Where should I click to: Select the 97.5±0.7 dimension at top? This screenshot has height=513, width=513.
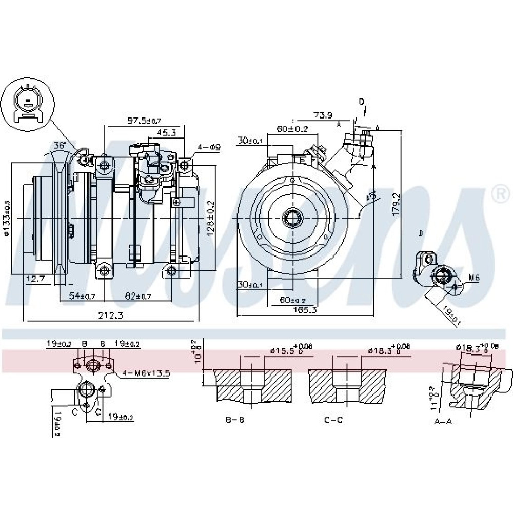(130, 121)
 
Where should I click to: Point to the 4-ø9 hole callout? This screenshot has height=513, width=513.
(210, 147)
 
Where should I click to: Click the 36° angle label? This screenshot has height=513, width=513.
(61, 146)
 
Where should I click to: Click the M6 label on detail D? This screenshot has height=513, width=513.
(475, 279)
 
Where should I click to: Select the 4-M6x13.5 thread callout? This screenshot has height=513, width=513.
(146, 373)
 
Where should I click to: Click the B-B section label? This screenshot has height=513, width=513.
(235, 420)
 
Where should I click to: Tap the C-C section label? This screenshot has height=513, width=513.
(333, 420)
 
